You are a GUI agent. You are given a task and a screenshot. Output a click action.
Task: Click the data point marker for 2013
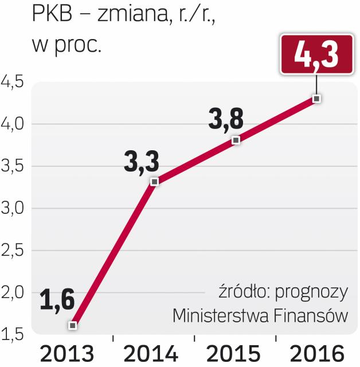(73, 325)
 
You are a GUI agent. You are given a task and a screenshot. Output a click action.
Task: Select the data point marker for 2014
(154, 182)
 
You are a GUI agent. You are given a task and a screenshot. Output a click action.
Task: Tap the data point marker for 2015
(236, 140)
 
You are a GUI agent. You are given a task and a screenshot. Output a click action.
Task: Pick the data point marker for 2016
(317, 99)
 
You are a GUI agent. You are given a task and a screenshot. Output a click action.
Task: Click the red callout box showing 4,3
(316, 54)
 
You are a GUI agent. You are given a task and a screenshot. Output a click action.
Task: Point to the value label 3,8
(225, 119)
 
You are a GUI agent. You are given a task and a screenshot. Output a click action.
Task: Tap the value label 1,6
(57, 299)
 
